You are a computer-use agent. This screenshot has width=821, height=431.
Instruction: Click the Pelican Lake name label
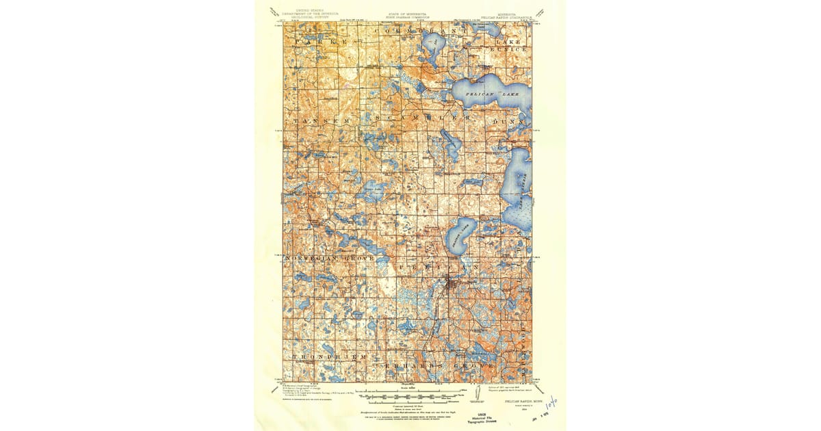(487, 92)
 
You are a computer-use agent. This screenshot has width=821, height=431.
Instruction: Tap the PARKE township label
(317, 42)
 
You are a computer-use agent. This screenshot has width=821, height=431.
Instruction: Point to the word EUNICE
(512, 49)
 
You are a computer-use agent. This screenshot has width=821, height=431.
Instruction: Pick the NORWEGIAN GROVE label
(330, 258)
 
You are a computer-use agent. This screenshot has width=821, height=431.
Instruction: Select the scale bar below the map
(410, 395)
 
